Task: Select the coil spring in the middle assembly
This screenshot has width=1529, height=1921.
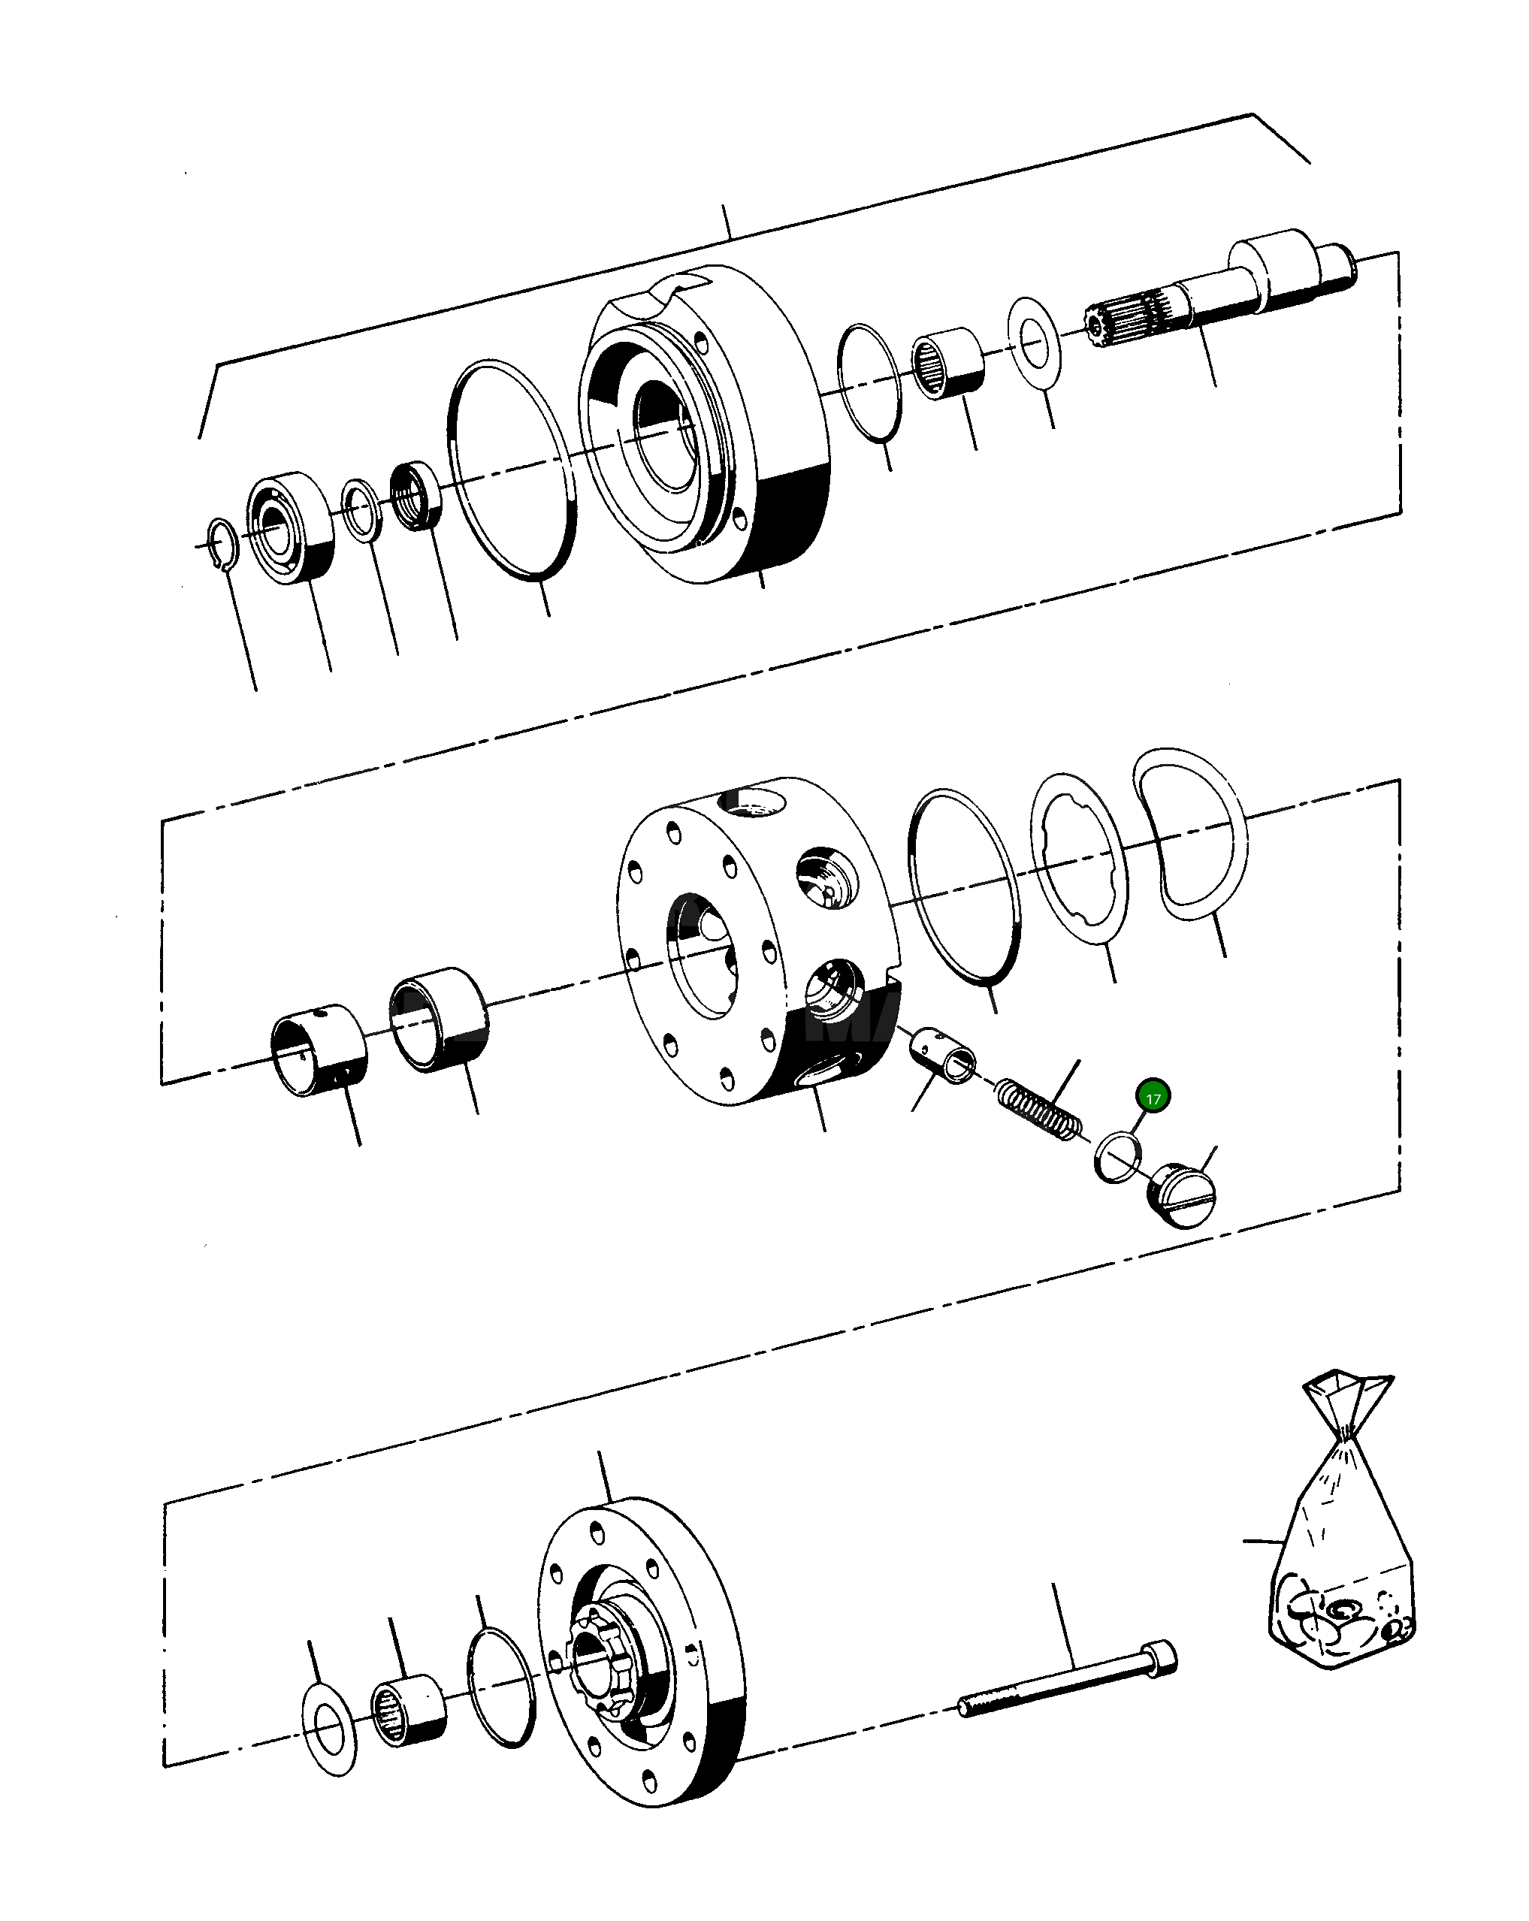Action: point(1039,1107)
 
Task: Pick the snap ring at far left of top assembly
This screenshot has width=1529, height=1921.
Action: point(221,543)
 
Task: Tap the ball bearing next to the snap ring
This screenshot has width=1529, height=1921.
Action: point(292,527)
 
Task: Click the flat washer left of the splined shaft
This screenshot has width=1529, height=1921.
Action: point(1034,343)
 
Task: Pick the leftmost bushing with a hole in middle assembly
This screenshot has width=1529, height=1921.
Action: point(318,1050)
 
